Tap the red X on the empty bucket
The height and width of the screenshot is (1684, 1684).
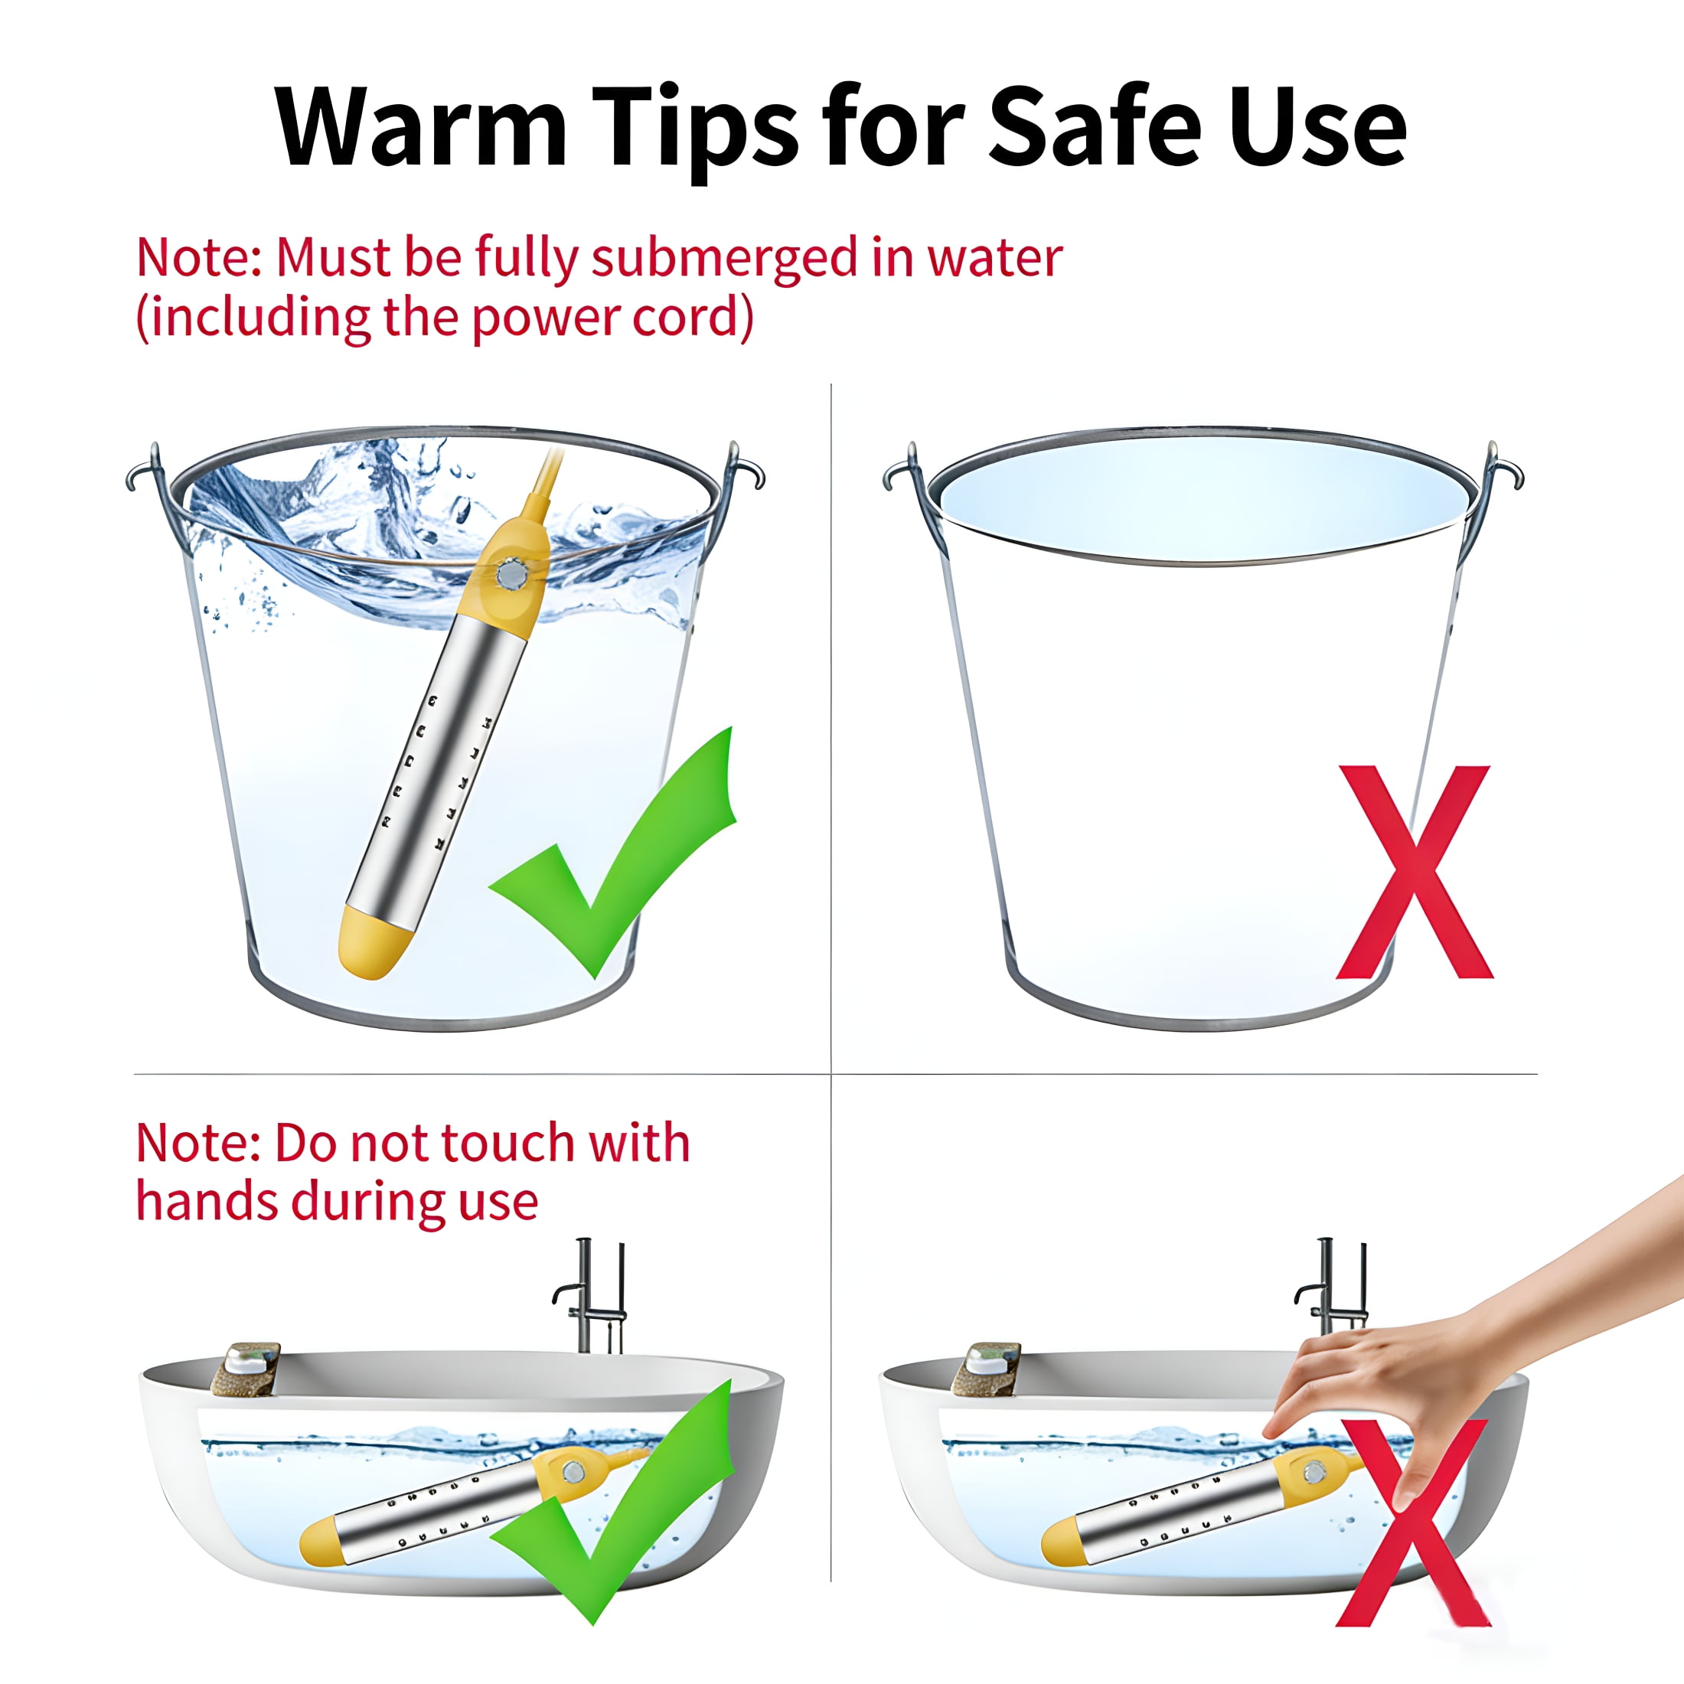click(1414, 872)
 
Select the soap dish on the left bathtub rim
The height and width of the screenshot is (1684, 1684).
click(246, 1368)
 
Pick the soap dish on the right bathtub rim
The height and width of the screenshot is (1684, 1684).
click(987, 1368)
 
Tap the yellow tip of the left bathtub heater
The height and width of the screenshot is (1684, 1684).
click(318, 1542)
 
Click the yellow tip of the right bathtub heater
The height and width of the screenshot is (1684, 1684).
click(1061, 1542)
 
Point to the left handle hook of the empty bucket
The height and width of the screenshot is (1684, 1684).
click(903, 470)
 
